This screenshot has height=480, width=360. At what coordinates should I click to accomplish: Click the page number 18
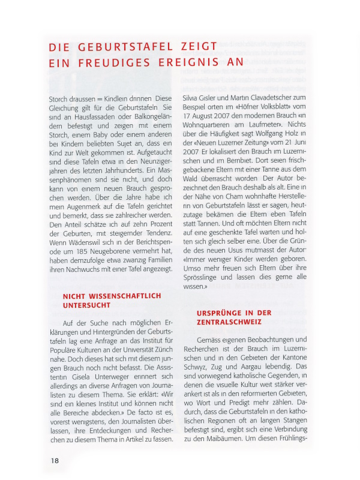(x=55, y=460)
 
